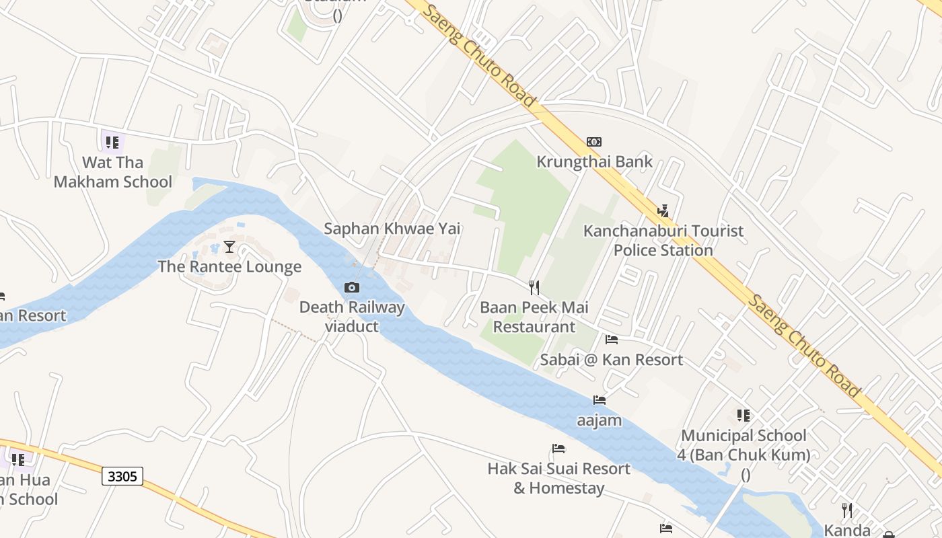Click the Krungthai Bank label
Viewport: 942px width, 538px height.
(594, 161)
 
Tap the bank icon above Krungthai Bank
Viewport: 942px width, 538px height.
(594, 142)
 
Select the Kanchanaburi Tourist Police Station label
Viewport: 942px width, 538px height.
(663, 240)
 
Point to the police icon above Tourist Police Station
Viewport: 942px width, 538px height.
(663, 210)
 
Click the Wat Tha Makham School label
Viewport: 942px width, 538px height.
(113, 172)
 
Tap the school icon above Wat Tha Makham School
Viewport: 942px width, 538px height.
(112, 143)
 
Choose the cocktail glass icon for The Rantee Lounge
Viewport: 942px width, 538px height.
(229, 247)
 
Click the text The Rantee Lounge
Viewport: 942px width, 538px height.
(229, 267)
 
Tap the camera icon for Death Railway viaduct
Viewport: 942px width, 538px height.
(351, 288)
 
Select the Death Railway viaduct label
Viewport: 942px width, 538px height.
(352, 317)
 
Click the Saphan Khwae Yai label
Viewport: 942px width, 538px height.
(392, 229)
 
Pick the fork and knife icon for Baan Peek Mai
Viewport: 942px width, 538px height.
(534, 288)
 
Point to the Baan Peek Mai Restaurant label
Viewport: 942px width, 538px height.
(534, 317)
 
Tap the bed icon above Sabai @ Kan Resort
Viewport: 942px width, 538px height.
(612, 340)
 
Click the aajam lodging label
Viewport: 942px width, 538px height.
(600, 421)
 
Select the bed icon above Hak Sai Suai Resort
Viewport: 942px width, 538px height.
(558, 449)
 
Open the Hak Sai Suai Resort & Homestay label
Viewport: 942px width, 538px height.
(558, 478)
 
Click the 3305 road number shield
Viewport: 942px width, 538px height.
(122, 477)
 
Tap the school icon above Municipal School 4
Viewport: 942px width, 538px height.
(744, 416)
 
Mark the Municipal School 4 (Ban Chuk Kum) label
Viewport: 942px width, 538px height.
(744, 445)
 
